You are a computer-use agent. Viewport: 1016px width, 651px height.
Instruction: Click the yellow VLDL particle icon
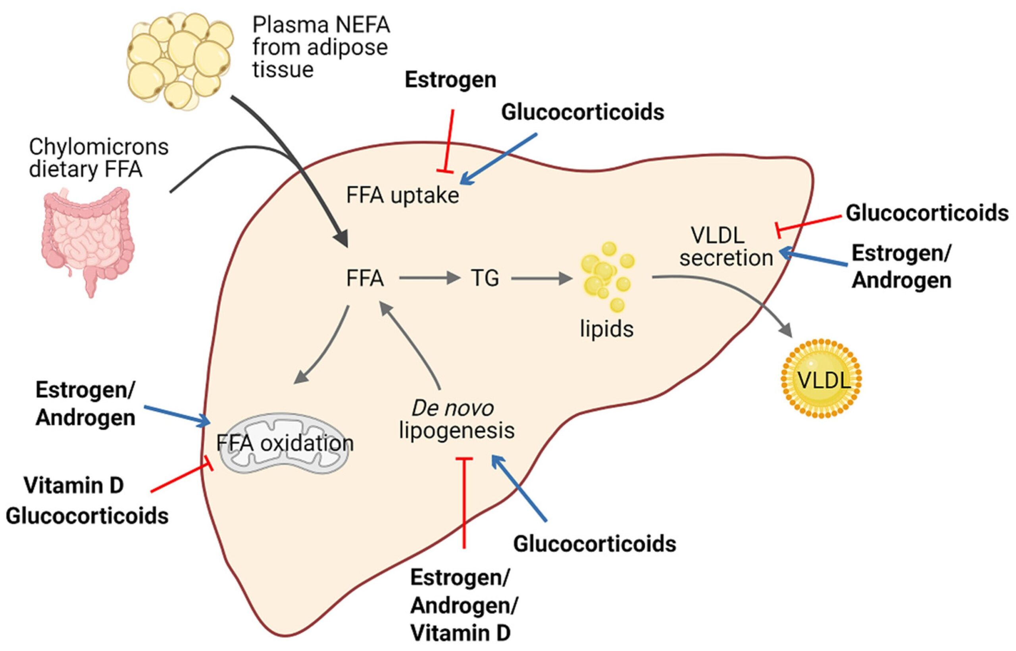[x=821, y=379]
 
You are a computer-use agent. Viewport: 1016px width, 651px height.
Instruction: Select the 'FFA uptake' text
[x=402, y=196]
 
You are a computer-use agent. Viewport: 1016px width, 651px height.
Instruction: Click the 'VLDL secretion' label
[x=725, y=247]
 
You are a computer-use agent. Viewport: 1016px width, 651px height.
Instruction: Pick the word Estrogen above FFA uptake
[x=450, y=80]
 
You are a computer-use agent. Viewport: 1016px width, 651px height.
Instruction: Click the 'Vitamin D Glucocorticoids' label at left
[x=87, y=501]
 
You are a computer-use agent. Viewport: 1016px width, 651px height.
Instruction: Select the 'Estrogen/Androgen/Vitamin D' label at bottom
[x=464, y=606]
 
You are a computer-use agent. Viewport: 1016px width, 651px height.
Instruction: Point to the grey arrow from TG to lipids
[x=541, y=278]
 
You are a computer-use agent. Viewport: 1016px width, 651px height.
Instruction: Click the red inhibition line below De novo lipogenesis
[x=465, y=503]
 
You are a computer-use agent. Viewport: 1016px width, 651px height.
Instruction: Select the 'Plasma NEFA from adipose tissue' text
[x=320, y=47]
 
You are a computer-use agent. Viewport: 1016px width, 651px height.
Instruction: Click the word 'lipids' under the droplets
[x=606, y=329]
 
